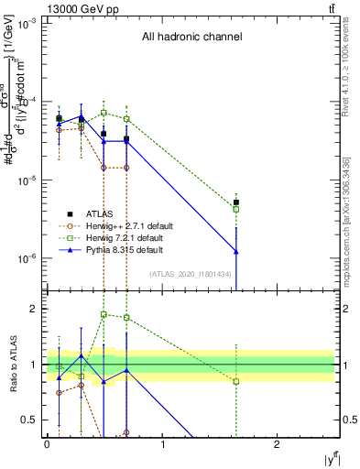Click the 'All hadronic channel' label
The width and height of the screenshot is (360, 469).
click(191, 38)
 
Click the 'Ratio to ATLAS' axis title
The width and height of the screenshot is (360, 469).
click(12, 365)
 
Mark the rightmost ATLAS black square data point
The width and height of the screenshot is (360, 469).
click(236, 202)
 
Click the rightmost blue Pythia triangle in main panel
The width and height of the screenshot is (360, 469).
click(236, 251)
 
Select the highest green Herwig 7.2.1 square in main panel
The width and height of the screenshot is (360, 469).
click(104, 113)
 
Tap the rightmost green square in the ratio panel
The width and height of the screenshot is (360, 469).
click(236, 381)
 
